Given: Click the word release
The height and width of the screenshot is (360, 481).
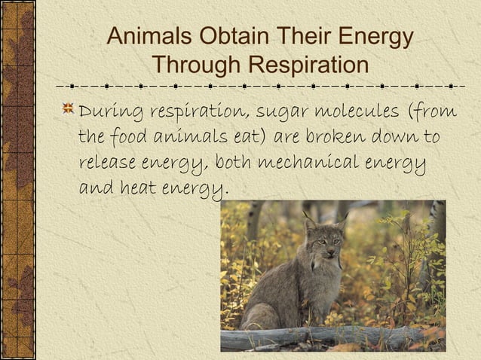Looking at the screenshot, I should (x=106, y=163).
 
